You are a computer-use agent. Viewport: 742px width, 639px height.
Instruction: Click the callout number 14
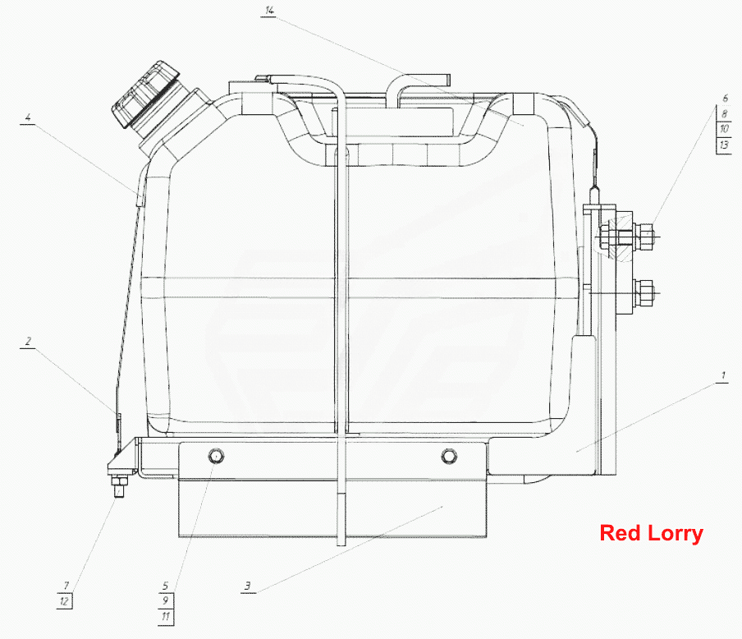(x=268, y=11)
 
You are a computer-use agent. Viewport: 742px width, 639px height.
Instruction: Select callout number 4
(x=28, y=117)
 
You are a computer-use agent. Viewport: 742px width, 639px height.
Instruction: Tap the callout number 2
(x=28, y=341)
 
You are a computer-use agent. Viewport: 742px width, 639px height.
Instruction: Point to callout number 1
(x=722, y=376)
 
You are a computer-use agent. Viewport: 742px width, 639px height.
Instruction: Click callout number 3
(x=248, y=586)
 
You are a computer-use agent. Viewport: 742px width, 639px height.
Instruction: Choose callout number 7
(x=66, y=586)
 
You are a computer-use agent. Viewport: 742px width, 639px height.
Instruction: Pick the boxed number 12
(x=64, y=601)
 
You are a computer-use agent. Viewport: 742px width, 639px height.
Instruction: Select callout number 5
(x=165, y=586)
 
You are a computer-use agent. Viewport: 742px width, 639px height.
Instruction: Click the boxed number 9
(x=165, y=600)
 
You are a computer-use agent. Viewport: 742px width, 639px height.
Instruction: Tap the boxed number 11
(x=165, y=616)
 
